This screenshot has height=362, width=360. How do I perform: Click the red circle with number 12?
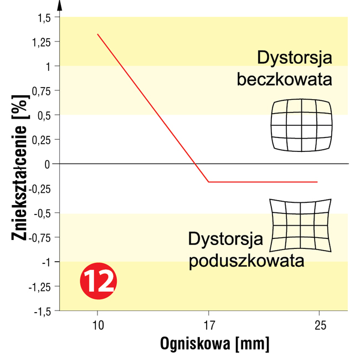click(97, 282)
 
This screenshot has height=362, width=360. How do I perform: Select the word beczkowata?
click(284, 79)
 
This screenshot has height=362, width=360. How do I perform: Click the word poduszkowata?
click(246, 261)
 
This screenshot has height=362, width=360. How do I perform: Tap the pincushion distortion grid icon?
click(301, 225)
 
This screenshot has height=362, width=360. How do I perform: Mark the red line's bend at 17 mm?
click(208, 182)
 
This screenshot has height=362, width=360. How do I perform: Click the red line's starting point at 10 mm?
click(97, 34)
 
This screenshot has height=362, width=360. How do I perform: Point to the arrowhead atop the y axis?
click(59, 6)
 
